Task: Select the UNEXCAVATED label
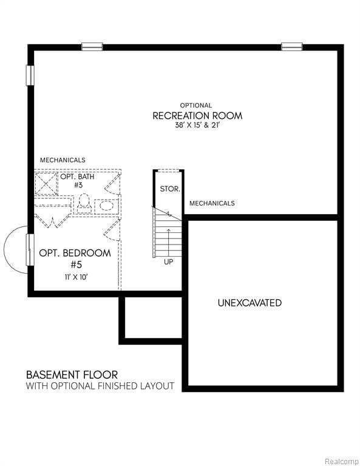pos(250,303)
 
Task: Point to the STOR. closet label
pos(169,189)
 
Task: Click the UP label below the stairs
pos(168,262)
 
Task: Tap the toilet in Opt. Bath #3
pos(84,203)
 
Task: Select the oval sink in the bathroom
pos(107,205)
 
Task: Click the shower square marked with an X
pos(45,183)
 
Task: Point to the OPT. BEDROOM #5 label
pos(75,258)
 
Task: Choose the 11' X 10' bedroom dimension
pos(75,277)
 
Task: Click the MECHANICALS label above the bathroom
pos(63,160)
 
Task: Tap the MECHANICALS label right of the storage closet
pos(212,203)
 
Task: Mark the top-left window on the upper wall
pos(92,47)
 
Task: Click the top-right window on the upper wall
pos(291,47)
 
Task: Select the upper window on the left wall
pos(30,75)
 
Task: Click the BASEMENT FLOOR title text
pos(72,375)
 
